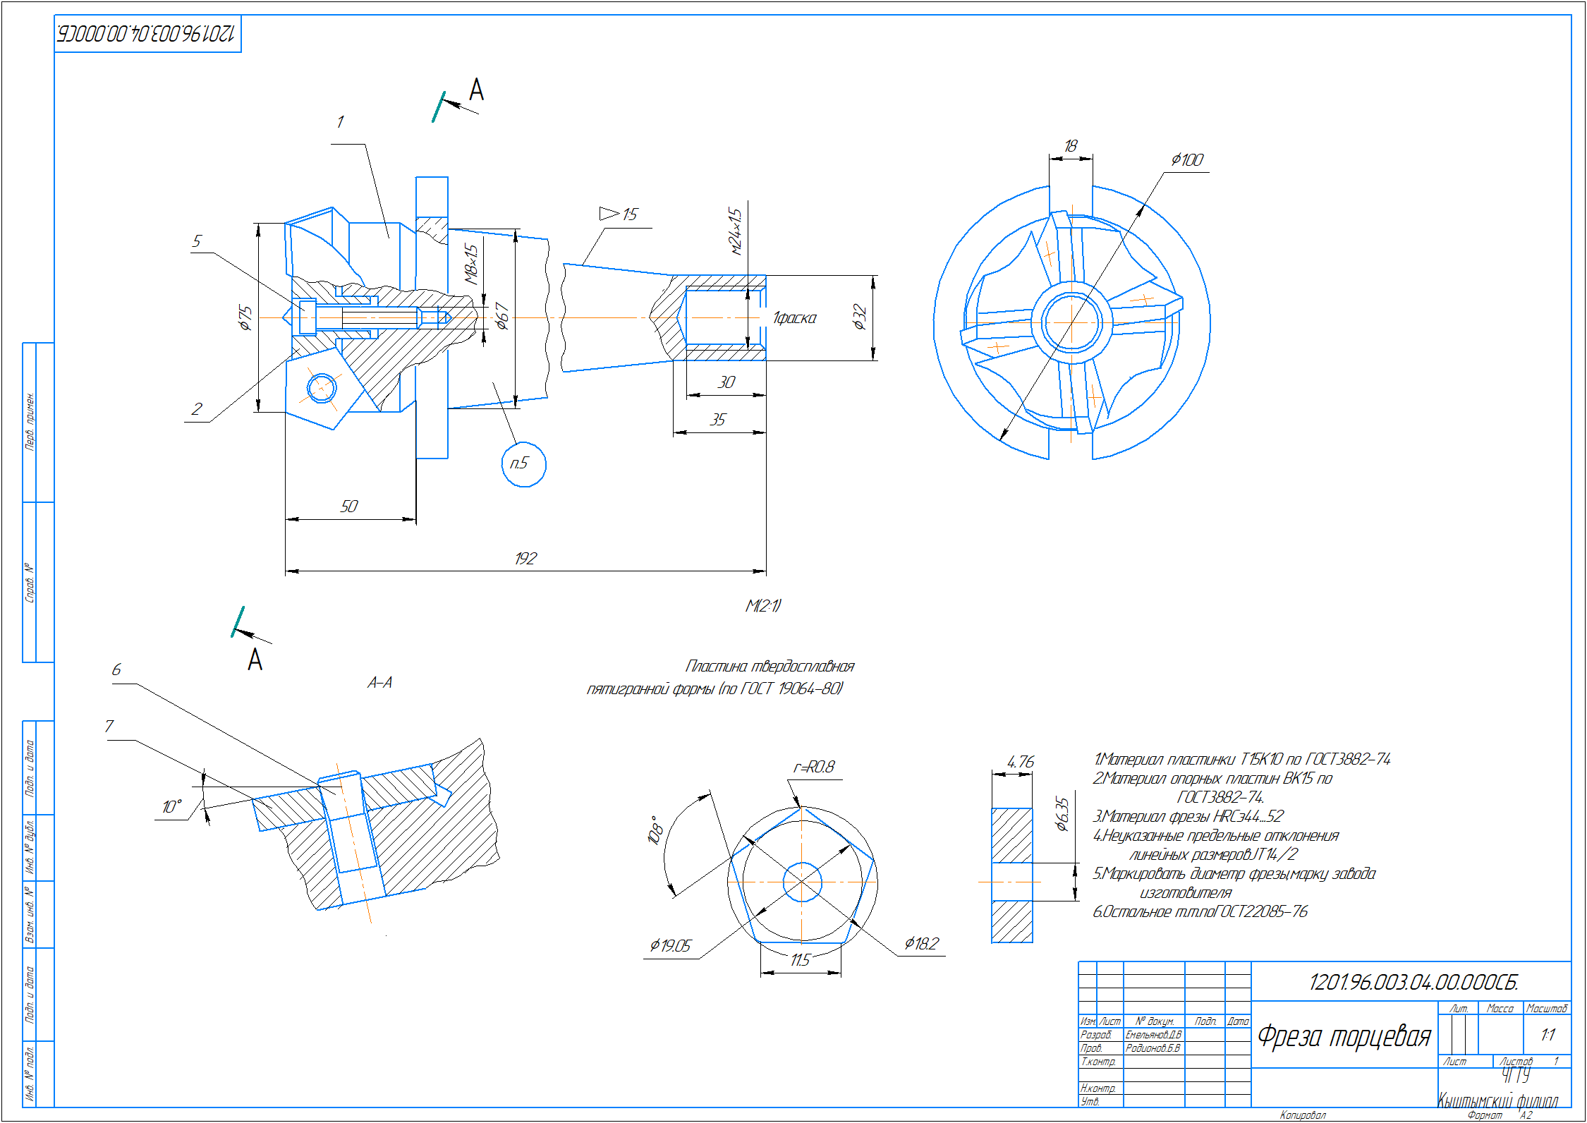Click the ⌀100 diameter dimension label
point(1187,160)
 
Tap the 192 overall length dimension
point(525,559)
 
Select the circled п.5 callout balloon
point(523,463)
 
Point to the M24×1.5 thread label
point(736,231)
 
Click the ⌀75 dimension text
point(244,317)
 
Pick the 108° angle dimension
point(655,830)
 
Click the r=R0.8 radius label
point(814,767)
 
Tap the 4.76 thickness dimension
point(1020,762)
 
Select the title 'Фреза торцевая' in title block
point(1344,1036)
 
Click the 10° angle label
point(172,806)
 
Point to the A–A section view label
point(380,683)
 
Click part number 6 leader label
point(116,669)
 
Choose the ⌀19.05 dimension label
point(670,945)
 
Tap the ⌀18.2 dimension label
point(921,943)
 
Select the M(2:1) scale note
point(763,605)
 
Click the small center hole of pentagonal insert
point(802,882)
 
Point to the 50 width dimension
point(349,506)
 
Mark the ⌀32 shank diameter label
point(858,317)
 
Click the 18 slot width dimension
point(1070,145)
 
